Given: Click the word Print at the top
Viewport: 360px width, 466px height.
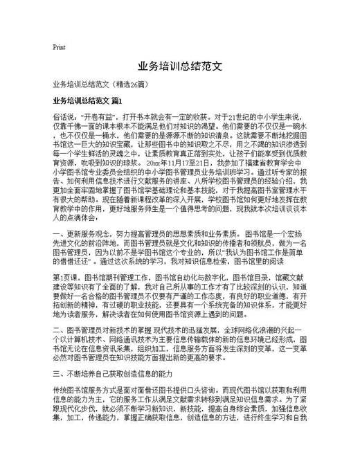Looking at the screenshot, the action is pos(59,47).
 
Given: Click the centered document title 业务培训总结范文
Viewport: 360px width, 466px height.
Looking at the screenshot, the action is pos(179,67).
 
